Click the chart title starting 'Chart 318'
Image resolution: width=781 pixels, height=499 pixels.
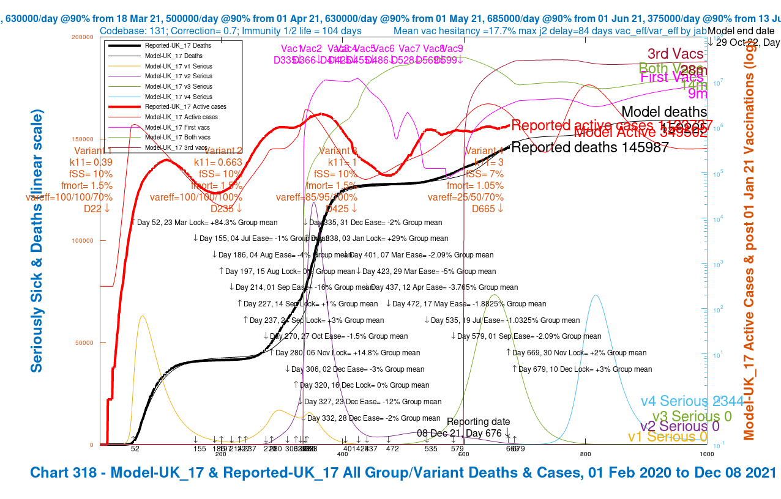[403, 473]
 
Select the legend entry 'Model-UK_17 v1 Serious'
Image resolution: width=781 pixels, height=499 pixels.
[178, 66]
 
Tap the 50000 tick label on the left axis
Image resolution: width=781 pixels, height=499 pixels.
[86, 343]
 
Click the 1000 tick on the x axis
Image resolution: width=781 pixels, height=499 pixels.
[707, 454]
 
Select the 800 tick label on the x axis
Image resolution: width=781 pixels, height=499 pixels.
[585, 454]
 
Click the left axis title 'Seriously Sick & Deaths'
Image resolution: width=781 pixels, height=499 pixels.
[37, 241]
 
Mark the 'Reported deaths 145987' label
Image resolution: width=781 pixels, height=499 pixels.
[589, 147]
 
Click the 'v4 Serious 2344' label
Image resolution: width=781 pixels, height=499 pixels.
[692, 401]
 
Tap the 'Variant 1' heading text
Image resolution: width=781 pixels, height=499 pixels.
[93, 151]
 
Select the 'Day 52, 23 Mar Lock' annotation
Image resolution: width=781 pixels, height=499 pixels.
[204, 223]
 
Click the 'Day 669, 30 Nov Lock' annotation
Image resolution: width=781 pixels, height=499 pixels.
[576, 353]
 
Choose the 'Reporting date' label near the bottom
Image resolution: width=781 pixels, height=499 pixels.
[478, 422]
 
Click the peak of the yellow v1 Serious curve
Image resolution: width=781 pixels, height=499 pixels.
[142, 316]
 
